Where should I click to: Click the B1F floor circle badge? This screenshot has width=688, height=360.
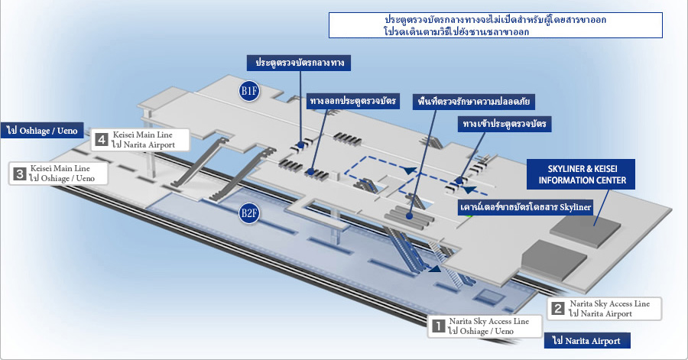tap(248, 91)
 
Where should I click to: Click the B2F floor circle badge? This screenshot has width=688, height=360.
tap(248, 213)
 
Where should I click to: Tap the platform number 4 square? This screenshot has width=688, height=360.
tap(102, 140)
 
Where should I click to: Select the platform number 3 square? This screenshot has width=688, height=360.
tap(19, 174)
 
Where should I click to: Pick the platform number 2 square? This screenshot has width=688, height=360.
tap(558, 309)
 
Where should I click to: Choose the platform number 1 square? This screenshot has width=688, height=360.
tap(438, 326)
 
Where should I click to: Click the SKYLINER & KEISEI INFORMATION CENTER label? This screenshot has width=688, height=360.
tap(581, 174)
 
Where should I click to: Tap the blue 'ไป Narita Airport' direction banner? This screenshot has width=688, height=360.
tap(587, 341)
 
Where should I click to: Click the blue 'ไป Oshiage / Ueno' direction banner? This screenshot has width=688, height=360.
tap(42, 130)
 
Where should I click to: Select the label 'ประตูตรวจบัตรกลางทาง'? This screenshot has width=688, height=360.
tap(299, 63)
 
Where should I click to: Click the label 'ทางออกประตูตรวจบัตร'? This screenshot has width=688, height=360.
tap(352, 102)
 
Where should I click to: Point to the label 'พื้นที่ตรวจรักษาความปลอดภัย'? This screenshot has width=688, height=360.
tap(474, 102)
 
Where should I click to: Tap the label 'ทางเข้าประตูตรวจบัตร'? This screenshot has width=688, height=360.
tap(505, 124)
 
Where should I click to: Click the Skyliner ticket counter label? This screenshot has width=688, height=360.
tap(526, 207)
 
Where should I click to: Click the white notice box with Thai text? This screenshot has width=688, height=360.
tap(495, 25)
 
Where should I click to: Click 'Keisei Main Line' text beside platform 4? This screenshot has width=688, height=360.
tap(143, 135)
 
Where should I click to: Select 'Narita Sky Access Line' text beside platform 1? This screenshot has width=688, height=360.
tap(489, 322)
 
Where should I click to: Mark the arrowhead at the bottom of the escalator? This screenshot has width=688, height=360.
tap(435, 268)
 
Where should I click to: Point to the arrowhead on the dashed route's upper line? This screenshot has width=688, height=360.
tap(410, 170)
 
